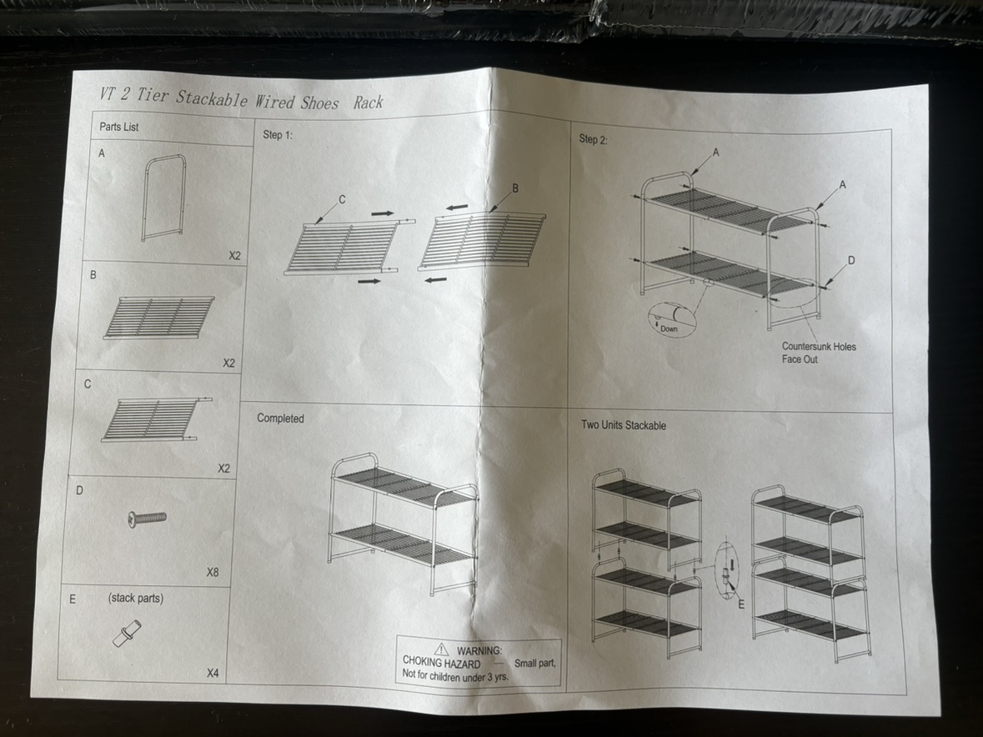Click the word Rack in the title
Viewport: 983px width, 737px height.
368,102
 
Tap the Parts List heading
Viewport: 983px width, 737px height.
119,127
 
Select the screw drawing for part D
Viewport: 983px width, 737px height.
147,519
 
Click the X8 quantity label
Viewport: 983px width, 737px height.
213,573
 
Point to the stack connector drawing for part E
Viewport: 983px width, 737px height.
126,634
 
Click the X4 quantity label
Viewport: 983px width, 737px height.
213,673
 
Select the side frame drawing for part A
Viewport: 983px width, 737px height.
163,198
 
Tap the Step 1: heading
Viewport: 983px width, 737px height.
278,134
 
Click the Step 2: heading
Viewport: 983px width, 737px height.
593,139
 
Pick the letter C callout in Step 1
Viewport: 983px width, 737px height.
342,199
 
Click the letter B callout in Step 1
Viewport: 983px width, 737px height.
514,188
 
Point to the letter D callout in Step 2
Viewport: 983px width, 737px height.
850,261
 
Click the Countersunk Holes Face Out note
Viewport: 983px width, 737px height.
818,352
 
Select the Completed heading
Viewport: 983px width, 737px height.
280,418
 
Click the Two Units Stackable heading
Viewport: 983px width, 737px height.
623,425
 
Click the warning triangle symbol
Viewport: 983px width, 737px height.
441,649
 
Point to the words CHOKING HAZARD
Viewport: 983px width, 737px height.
441,664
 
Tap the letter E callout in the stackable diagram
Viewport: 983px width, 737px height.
740,604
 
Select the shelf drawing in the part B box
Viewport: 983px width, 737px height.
158,318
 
